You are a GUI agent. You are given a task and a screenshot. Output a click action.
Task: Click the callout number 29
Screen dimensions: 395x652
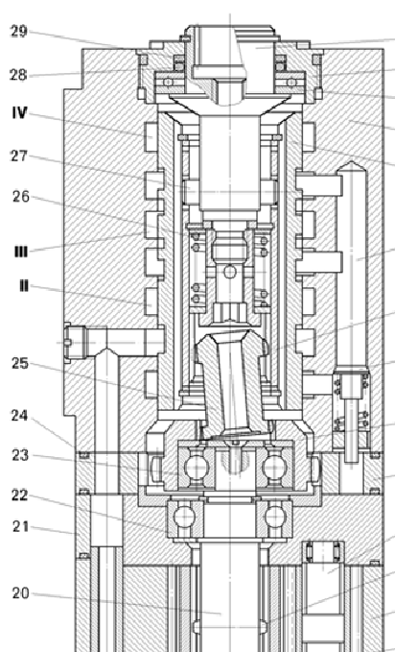tap(18, 32)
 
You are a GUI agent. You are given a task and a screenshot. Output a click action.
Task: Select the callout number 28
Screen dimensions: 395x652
tap(18, 75)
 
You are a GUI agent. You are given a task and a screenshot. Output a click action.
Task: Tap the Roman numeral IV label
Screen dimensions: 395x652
tap(19, 112)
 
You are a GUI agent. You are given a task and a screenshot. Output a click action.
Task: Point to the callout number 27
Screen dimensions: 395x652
tap(18, 157)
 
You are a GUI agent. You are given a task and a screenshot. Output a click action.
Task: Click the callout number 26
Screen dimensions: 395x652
tap(21, 196)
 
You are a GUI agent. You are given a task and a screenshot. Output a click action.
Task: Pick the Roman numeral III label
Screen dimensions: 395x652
tap(21, 252)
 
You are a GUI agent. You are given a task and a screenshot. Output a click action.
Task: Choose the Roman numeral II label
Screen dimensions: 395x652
tap(24, 286)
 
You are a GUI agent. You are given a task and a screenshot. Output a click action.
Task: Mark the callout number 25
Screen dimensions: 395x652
tap(20, 363)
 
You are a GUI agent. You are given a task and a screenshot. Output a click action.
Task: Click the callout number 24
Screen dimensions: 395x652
tap(20, 416)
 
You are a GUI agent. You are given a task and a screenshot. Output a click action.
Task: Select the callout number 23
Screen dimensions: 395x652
tap(20, 456)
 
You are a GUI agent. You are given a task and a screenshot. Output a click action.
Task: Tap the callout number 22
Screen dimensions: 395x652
tap(20, 495)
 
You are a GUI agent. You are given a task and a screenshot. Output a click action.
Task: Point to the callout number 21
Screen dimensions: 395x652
tap(21, 527)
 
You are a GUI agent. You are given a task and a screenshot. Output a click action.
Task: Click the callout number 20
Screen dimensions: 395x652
tap(21, 593)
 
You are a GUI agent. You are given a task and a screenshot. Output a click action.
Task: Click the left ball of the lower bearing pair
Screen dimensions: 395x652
tap(184, 518)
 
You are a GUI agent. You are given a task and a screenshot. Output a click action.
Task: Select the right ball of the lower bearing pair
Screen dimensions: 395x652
tap(275, 518)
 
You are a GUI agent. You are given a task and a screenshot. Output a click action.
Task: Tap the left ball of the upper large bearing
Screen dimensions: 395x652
tap(196, 467)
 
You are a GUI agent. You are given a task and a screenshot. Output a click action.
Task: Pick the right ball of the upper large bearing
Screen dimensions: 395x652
tap(274, 467)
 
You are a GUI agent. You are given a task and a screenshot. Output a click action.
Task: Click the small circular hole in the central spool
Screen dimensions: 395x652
tap(230, 272)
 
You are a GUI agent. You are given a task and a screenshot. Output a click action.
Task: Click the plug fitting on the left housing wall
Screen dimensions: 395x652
tap(75, 343)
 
